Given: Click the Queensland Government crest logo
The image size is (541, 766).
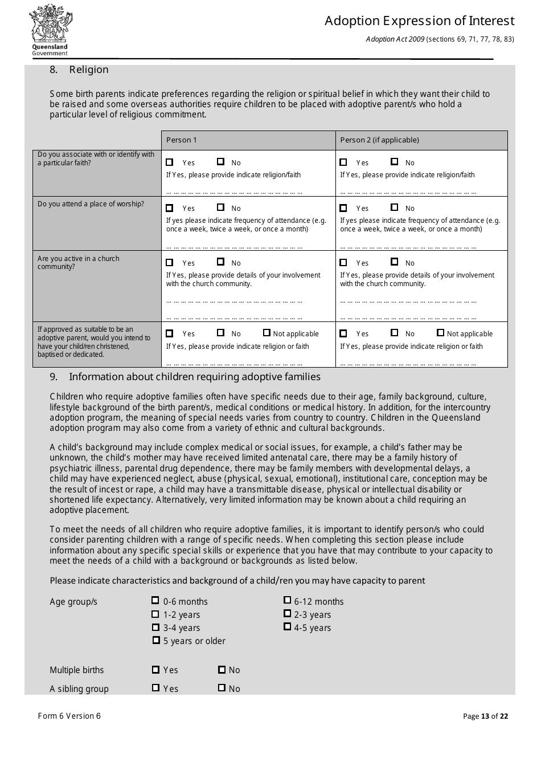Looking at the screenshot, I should (x=50, y=30).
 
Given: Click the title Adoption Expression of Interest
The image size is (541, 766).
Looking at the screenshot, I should (x=419, y=21).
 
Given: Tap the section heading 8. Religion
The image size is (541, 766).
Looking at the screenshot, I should (x=79, y=70).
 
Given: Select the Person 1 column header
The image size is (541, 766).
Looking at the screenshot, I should (x=182, y=140).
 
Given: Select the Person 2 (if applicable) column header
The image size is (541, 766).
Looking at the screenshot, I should (x=379, y=140).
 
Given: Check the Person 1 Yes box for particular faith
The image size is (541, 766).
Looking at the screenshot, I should (x=170, y=162).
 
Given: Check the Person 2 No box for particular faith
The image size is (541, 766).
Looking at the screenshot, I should (x=395, y=162).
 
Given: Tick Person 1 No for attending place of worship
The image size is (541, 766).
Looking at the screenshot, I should (x=221, y=208).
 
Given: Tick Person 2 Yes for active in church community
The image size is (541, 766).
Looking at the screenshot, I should (x=343, y=263).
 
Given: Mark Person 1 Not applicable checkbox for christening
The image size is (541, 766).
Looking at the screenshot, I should (x=267, y=333).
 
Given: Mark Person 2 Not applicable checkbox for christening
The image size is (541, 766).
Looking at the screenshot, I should (x=440, y=333).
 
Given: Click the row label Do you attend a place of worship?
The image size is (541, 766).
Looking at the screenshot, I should (x=91, y=204).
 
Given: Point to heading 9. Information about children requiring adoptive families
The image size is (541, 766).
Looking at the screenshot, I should (x=194, y=377).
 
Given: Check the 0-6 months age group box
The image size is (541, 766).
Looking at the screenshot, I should (x=155, y=601).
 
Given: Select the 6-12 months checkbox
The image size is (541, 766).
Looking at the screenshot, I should (x=288, y=600).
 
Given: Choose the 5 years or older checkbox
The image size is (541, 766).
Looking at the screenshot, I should (x=156, y=641).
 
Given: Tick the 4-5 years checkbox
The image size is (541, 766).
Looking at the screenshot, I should (x=288, y=627).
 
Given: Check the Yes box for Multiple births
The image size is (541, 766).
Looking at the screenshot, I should (x=155, y=670).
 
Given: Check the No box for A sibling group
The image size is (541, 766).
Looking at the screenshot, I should (x=222, y=688).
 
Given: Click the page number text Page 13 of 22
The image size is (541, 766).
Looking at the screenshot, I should (x=485, y=716).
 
